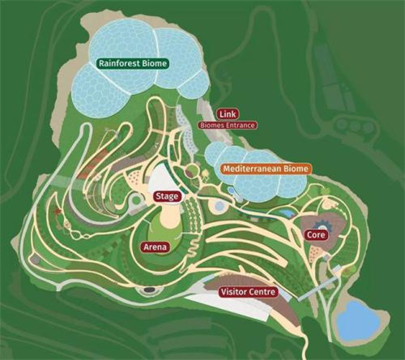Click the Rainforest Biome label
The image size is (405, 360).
click(x=132, y=62)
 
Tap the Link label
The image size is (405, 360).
click(x=227, y=115)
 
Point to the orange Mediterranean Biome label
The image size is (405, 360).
click(x=265, y=169)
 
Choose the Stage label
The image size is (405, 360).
click(x=166, y=196)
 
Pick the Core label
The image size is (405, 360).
click(x=315, y=234)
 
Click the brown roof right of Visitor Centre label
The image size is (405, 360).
click(x=301, y=290)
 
